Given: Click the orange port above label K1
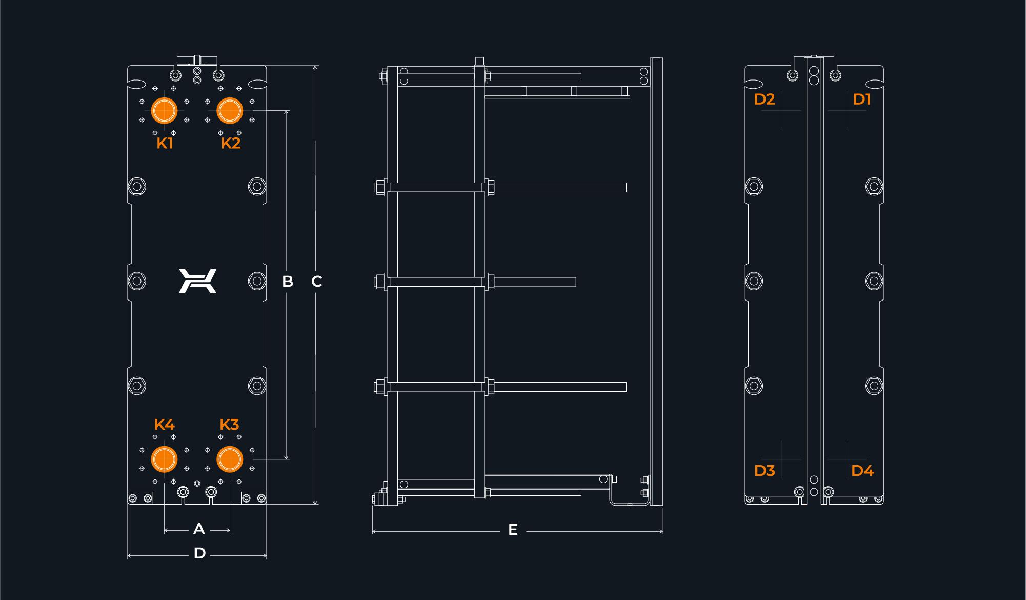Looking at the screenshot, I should [x=164, y=110].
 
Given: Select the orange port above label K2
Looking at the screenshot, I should [x=230, y=110].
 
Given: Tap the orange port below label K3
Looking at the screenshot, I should [x=230, y=459].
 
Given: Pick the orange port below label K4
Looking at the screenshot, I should [x=164, y=459].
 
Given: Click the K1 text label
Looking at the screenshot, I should [x=165, y=143].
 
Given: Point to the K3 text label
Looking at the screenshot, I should [x=229, y=425].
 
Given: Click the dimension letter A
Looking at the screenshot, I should [x=199, y=529].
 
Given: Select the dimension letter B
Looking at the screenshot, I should [x=288, y=281].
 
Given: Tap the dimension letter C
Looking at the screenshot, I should [x=316, y=281].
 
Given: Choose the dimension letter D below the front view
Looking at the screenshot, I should [x=199, y=553].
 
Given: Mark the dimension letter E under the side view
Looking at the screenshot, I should [x=513, y=530].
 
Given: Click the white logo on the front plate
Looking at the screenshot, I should [x=197, y=281].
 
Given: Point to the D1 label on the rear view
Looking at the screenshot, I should [x=861, y=99].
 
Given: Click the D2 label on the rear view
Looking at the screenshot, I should [x=764, y=99].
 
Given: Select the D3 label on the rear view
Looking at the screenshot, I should [x=765, y=470].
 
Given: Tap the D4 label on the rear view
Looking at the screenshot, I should [x=862, y=470].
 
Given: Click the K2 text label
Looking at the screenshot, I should [x=231, y=143].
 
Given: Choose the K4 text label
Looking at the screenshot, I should [x=164, y=425].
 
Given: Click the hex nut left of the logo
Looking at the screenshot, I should [x=136, y=281].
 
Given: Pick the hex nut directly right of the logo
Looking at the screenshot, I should [x=257, y=281].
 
